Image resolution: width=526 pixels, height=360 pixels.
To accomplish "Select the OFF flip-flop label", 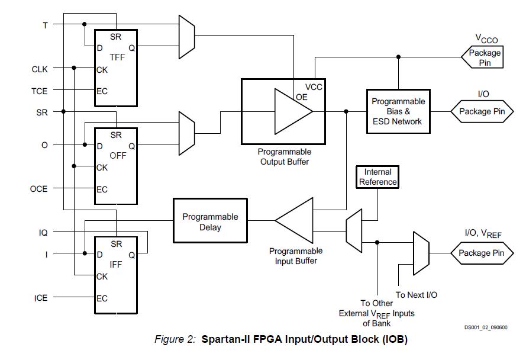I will point(118,156).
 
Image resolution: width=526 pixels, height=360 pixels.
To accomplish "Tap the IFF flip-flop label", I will point(116,265).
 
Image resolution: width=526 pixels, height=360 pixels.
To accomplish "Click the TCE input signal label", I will point(40,91).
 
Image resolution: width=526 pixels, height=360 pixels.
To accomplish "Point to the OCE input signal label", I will point(39,189).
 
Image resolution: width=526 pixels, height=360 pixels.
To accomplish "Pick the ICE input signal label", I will point(40,298).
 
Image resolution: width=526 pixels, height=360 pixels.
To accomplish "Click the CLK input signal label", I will point(40,69).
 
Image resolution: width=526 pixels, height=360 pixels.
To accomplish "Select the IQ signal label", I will point(43,233).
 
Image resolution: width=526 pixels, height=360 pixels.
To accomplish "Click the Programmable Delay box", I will point(210,221).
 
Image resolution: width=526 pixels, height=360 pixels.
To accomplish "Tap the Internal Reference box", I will point(377,177).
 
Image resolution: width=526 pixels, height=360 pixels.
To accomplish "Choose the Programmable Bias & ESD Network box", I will point(398,111).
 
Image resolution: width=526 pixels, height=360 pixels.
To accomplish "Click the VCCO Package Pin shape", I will point(482,57).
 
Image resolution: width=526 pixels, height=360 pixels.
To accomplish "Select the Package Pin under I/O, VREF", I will point(482,253).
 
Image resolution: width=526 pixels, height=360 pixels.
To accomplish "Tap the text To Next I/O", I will point(416,295).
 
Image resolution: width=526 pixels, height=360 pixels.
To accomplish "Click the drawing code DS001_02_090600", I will point(485,327).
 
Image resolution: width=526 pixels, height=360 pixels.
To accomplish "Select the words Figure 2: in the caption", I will point(175,340).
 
